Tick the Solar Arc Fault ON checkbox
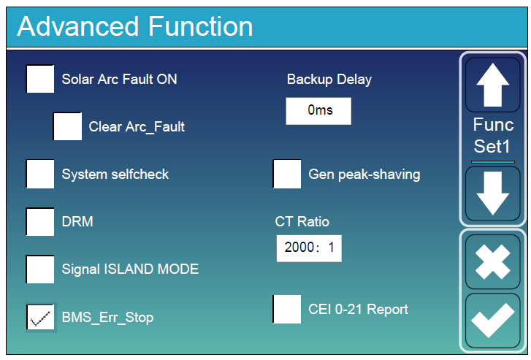[40, 79]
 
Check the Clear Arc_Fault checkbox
[67, 126]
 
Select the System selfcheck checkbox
[40, 174]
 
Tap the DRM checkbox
[40, 221]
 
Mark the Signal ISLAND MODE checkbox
[40, 269]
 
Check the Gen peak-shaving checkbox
[287, 174]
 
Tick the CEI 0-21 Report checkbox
[287, 309]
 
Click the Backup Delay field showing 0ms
[318, 111]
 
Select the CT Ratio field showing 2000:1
[308, 248]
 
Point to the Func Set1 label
[493, 135]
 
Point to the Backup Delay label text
[329, 79]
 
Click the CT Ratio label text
[302, 221]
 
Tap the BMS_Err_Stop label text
[107, 318]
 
